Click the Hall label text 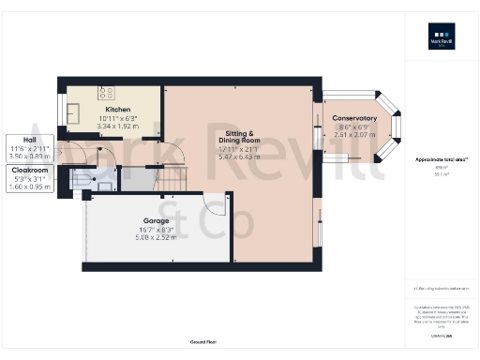click(17, 140)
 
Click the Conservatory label click(354, 118)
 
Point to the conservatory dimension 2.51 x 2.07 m click(354, 133)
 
